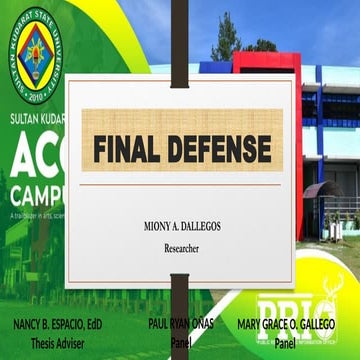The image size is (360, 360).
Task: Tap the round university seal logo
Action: coord(35,52)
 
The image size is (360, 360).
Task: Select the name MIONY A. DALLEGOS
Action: coord(182,227)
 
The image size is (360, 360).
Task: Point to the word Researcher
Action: coord(182,246)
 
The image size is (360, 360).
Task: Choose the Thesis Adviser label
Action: coord(57,343)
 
